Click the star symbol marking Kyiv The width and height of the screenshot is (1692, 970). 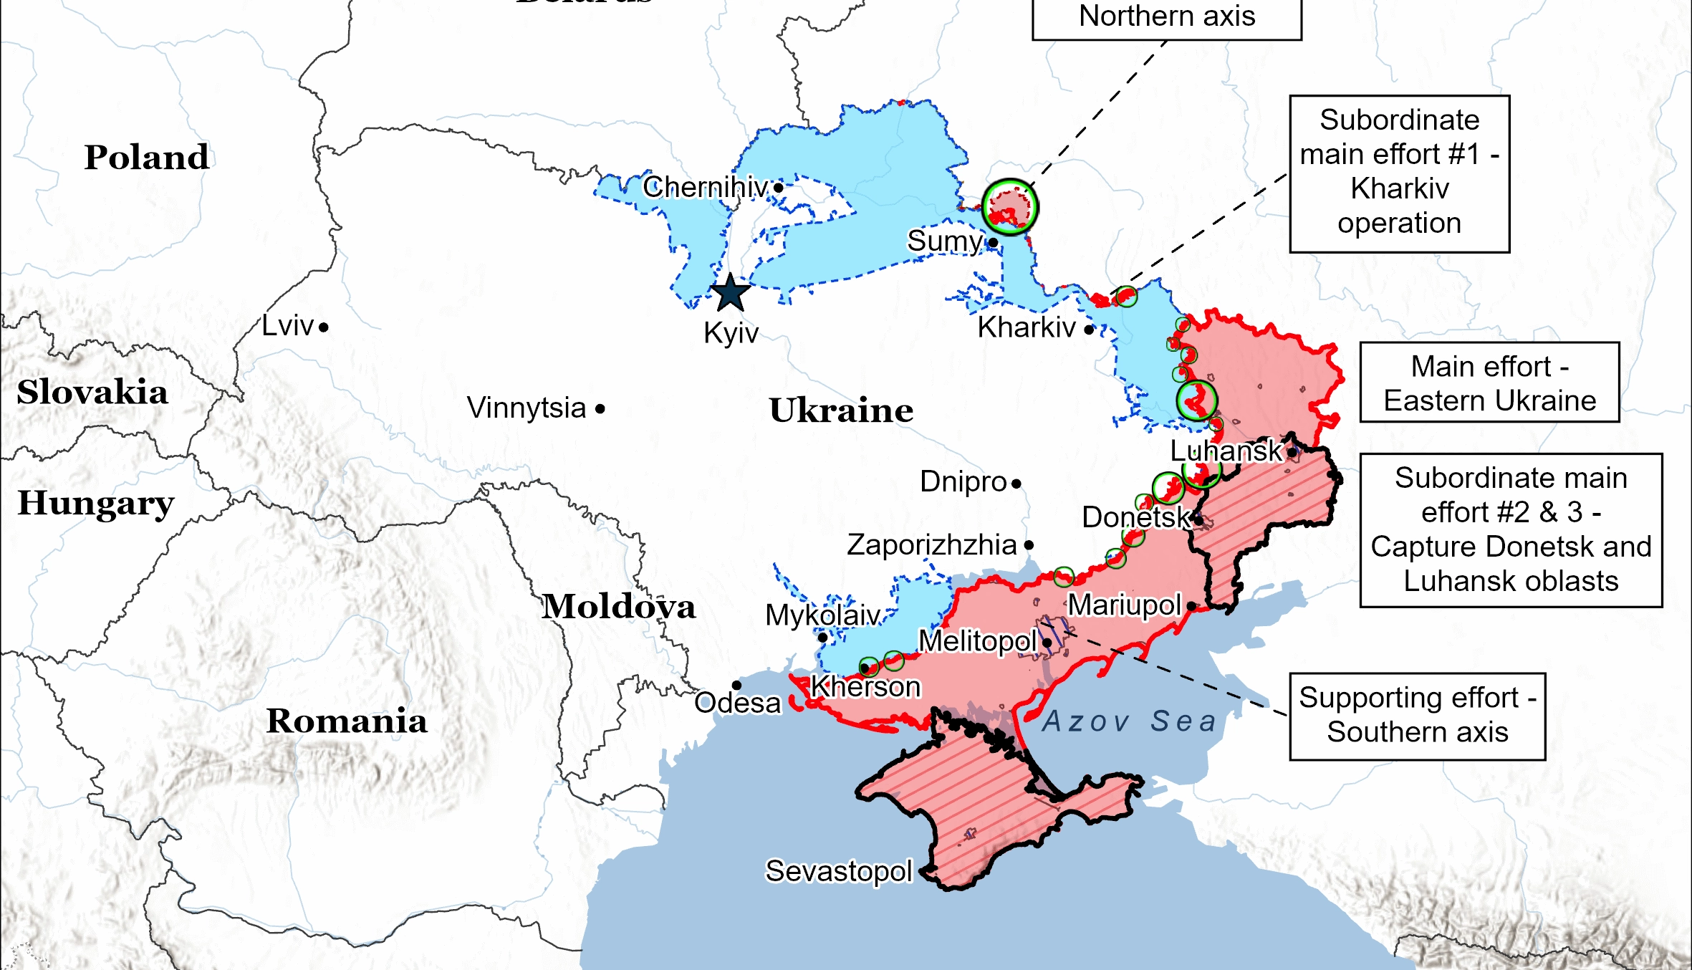coord(730,293)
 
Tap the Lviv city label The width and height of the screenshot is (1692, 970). coord(287,326)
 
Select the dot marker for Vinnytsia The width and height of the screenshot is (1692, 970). coord(600,409)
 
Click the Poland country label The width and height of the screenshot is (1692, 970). coord(147,157)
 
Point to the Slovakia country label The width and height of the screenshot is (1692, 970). coord(92,392)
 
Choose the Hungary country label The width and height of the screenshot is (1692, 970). coord(96,502)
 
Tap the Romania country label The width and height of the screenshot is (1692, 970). coord(347,721)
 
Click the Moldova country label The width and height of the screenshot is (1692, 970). coord(618,607)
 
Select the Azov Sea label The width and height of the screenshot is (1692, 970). coord(1129,721)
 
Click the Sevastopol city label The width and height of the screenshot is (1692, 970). coord(839,871)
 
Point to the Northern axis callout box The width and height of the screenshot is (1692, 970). coord(1166,17)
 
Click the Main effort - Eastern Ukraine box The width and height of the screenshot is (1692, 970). coord(1489,383)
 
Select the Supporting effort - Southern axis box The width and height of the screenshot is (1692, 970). coord(1417,716)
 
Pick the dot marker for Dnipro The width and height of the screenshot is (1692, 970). coord(1016,484)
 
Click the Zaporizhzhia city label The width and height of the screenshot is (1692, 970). coord(931,545)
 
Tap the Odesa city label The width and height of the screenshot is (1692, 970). coord(737,703)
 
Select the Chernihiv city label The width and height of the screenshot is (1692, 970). coord(705,187)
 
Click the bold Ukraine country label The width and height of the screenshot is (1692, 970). coord(841,410)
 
